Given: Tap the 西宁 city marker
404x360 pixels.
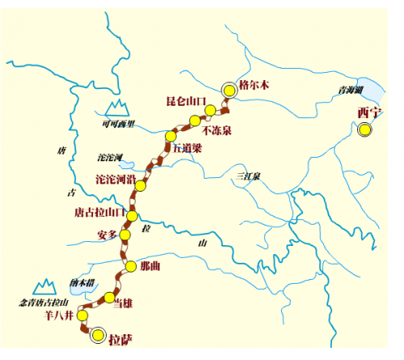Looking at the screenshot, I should (366, 129).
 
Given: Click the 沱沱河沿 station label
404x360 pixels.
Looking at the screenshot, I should (117, 178).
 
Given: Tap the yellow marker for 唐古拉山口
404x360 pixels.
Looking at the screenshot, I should (133, 215).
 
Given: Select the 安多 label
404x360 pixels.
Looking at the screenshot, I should (107, 234).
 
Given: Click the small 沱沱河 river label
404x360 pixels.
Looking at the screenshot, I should (108, 155).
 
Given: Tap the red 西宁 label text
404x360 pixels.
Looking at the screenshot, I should (368, 112).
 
